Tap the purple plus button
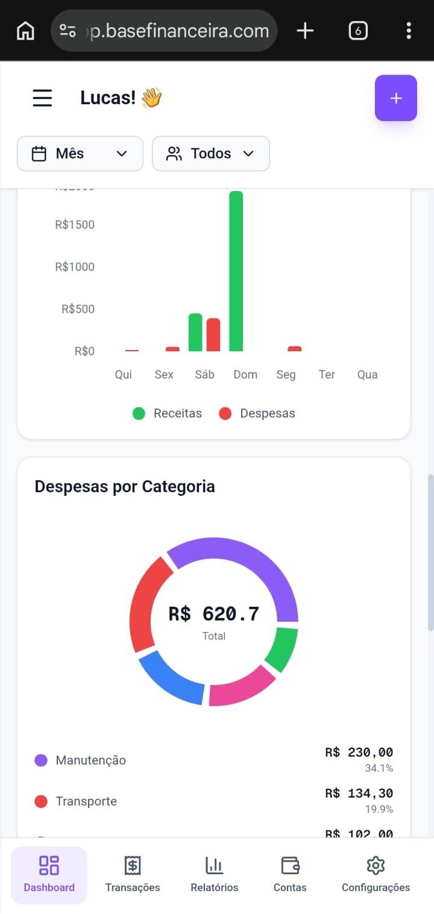[x=395, y=98]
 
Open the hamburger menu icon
[x=42, y=98]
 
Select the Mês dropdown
[x=80, y=154]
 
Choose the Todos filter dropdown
[x=210, y=154]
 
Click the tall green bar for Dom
[x=236, y=271]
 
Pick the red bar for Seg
[x=294, y=349]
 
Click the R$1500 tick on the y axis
[x=75, y=225]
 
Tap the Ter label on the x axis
[x=327, y=375]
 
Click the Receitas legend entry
[x=168, y=413]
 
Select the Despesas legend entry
[x=257, y=413]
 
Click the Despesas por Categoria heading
[x=125, y=486]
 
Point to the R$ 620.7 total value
[x=213, y=614]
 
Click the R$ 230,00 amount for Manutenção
[x=359, y=753]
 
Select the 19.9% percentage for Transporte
[x=379, y=809]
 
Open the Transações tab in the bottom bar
[x=133, y=874]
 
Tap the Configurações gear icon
[x=376, y=866]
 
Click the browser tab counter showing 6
[x=358, y=31]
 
